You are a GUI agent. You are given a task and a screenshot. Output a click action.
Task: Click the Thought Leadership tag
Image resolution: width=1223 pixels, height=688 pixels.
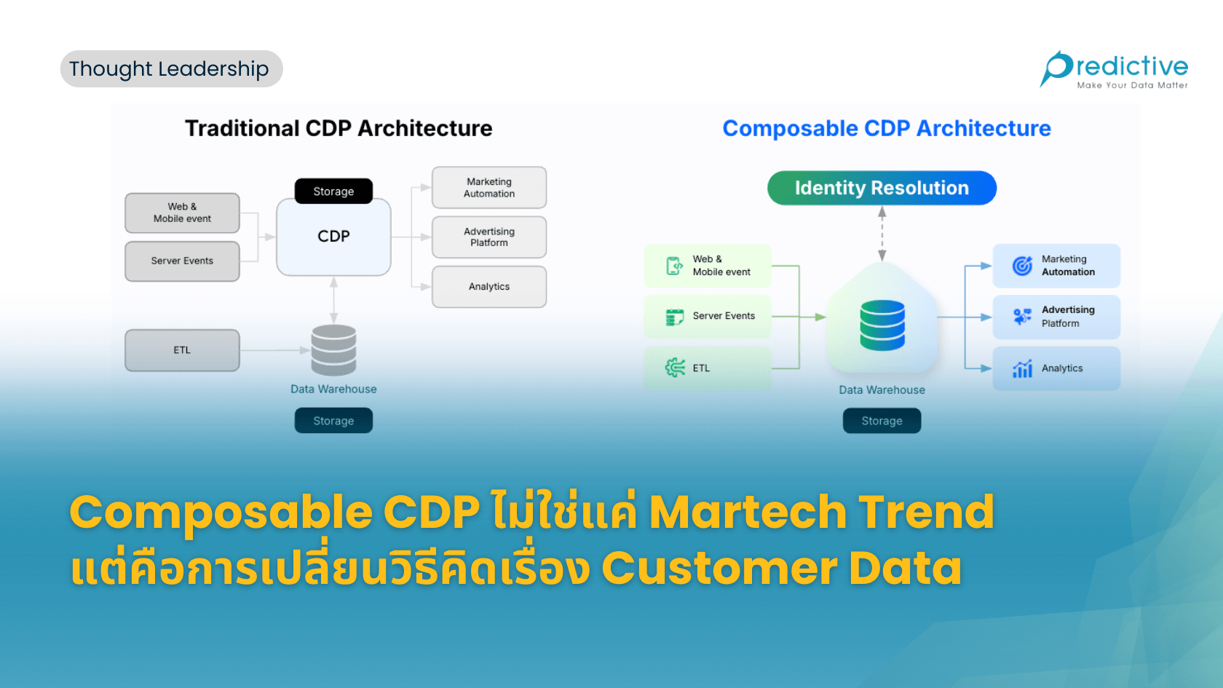click(x=171, y=69)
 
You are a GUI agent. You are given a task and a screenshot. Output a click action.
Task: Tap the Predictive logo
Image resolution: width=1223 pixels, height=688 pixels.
click(x=1114, y=69)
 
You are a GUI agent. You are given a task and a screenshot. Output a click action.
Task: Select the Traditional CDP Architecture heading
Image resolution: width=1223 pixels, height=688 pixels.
click(x=339, y=128)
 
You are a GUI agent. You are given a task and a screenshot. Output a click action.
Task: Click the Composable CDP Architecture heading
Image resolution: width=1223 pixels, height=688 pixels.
click(x=887, y=128)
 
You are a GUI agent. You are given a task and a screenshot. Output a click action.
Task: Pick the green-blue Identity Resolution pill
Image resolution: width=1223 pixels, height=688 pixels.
click(x=882, y=188)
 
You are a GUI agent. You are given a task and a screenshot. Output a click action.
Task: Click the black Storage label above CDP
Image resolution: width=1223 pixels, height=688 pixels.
click(x=333, y=191)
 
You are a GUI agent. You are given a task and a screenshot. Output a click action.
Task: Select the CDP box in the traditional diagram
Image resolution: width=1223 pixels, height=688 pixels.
click(x=333, y=237)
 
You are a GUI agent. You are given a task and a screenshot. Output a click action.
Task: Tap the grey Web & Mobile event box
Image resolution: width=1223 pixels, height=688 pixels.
click(x=182, y=213)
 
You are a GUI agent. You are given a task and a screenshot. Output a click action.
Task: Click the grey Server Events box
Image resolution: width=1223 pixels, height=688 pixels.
click(x=182, y=261)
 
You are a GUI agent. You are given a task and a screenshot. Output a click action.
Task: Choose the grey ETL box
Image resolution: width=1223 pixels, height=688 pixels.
click(x=182, y=350)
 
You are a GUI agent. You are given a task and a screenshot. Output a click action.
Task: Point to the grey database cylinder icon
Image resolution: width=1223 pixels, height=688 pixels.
click(x=333, y=349)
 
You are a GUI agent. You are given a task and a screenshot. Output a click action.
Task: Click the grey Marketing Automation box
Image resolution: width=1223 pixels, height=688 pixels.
click(x=489, y=188)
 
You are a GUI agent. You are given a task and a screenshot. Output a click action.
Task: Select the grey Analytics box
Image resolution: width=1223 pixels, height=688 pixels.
click(x=489, y=287)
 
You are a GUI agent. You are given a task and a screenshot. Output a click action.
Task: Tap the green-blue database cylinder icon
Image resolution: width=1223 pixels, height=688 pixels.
click(x=882, y=325)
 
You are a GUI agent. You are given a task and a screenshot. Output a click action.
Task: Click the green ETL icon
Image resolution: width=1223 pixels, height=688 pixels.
click(x=675, y=368)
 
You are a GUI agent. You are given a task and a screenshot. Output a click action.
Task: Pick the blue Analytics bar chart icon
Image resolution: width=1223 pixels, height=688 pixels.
click(x=1022, y=369)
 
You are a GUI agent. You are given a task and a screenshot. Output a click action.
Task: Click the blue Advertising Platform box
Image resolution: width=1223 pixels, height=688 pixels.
click(x=1056, y=317)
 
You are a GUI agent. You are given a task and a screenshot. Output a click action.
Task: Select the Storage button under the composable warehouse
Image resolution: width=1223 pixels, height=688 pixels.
click(x=882, y=421)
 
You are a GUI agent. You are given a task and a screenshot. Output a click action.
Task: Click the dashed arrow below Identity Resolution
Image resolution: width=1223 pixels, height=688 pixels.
click(x=882, y=233)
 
